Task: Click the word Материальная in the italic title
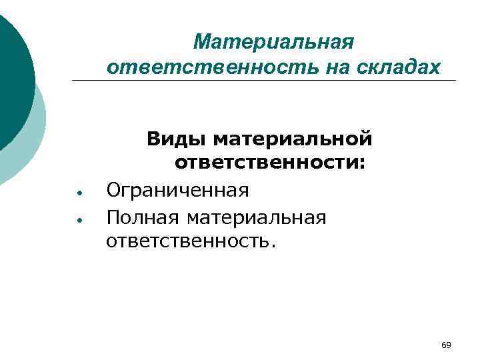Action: point(273,43)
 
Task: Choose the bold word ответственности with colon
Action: point(271,164)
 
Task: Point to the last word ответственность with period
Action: point(190,241)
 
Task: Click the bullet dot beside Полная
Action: point(79,219)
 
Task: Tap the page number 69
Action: point(446,345)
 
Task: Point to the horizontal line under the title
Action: point(267,81)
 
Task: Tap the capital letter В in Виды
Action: point(153,140)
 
